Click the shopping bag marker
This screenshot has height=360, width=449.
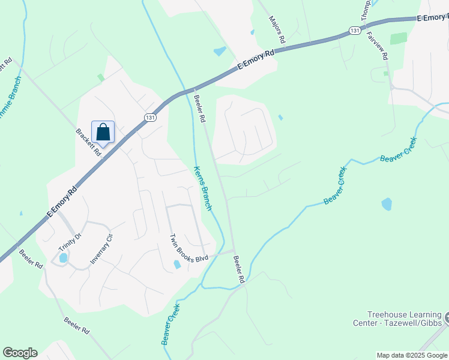point(103,132)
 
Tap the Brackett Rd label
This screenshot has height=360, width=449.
point(89,142)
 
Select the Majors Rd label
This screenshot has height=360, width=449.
point(276,29)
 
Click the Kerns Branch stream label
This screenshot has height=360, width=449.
point(202,188)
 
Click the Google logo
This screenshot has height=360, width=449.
point(20,353)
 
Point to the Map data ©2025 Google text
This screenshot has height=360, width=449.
point(412,355)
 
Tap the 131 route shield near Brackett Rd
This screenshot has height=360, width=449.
point(150,118)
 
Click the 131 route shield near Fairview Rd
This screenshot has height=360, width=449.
point(355,30)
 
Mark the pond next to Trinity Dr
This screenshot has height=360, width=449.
point(63,258)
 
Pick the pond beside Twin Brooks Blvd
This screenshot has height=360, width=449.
point(177,264)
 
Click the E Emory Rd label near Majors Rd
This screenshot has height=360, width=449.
point(256,61)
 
